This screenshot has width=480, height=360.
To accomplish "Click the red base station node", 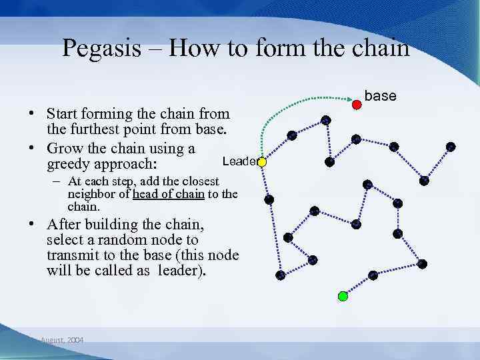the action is pyautogui.click(x=357, y=103).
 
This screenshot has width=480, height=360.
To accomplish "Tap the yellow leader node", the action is pyautogui.click(x=262, y=162).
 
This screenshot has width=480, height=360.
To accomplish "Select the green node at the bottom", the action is pyautogui.click(x=343, y=296).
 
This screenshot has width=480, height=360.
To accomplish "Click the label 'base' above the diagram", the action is pyautogui.click(x=381, y=96).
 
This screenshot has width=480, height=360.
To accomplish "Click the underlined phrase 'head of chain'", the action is pyautogui.click(x=166, y=194).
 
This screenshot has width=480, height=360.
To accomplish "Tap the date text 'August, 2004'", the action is pyautogui.click(x=62, y=340).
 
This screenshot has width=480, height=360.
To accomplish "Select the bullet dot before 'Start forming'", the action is pyautogui.click(x=32, y=114).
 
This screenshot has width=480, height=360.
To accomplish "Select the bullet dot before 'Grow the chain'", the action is pyautogui.click(x=32, y=148).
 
